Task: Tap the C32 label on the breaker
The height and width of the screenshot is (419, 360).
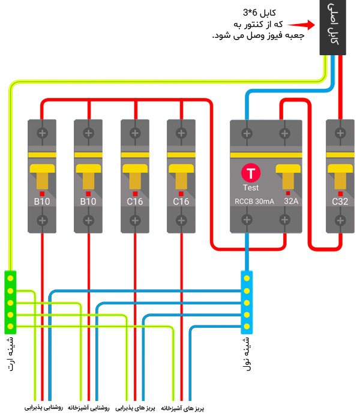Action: (340, 202)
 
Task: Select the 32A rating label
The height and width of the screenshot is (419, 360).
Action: (291, 202)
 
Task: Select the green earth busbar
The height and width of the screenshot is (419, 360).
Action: (10, 302)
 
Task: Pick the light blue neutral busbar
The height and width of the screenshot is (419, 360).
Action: (247, 302)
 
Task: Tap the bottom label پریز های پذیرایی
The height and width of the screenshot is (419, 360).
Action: (136, 408)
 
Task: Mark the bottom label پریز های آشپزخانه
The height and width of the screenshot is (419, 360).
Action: (182, 408)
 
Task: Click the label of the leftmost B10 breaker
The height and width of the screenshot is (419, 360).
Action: (42, 202)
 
